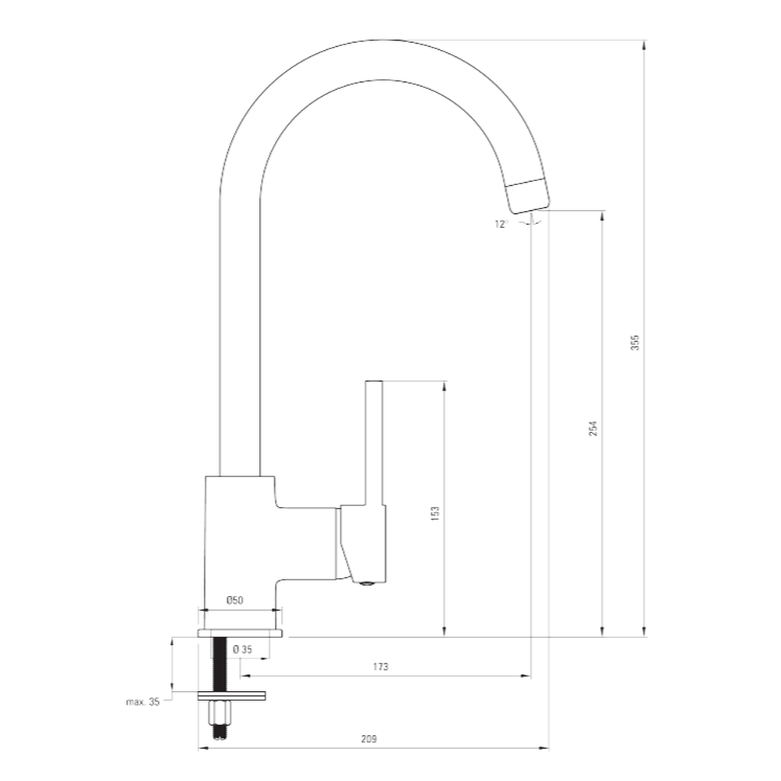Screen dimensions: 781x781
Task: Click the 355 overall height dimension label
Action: point(634,343)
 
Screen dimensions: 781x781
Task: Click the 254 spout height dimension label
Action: point(593,428)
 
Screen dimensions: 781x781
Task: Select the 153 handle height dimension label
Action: point(435,514)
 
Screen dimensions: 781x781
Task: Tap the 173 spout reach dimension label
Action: point(380,666)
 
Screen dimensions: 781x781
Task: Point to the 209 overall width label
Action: point(369,739)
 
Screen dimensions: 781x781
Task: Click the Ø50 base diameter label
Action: point(234,600)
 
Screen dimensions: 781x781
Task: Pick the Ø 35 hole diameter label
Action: point(243,649)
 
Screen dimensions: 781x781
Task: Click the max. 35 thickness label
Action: point(142,702)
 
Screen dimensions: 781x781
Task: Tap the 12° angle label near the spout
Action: point(501,224)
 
